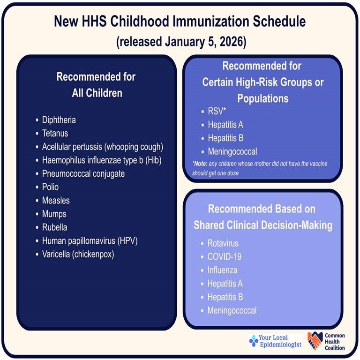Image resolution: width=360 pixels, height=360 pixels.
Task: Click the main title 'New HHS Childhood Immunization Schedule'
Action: pyautogui.click(x=180, y=22)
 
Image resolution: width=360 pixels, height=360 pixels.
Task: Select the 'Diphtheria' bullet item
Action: pyautogui.click(x=59, y=120)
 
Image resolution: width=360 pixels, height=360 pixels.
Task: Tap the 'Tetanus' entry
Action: pyautogui.click(x=54, y=134)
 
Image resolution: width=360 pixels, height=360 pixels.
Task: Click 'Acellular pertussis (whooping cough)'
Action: pyautogui.click(x=103, y=147)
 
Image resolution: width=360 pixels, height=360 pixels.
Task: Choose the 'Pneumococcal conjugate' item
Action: pyautogui.click(x=83, y=173)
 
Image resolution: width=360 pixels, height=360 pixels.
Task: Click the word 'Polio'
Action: pyautogui.click(x=50, y=187)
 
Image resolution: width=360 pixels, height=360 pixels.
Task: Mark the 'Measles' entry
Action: pyautogui.click(x=56, y=200)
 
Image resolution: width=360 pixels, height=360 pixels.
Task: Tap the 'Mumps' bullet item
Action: pyautogui.click(x=54, y=214)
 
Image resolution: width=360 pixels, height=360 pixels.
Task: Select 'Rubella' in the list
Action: pyautogui.click(x=54, y=227)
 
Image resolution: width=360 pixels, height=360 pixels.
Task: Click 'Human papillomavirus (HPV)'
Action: pyautogui.click(x=89, y=241)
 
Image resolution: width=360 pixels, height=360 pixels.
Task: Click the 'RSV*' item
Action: pyautogui.click(x=217, y=112)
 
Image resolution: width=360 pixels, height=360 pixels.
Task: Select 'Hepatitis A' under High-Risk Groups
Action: pyautogui.click(x=225, y=125)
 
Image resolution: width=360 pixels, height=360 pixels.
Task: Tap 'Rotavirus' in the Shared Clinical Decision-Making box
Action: pyautogui.click(x=223, y=243)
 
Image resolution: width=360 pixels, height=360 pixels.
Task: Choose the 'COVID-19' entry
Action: pyautogui.click(x=224, y=257)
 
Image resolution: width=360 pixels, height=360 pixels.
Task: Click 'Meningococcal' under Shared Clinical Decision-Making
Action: pyautogui.click(x=232, y=310)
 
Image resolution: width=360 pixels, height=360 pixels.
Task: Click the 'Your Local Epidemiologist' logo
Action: pyautogui.click(x=276, y=341)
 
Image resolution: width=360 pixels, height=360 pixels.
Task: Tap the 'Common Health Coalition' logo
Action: pyautogui.click(x=326, y=341)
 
